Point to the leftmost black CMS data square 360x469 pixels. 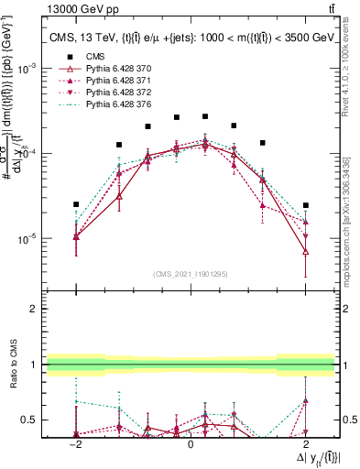[x=76, y=204]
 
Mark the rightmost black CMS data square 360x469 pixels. [x=306, y=205]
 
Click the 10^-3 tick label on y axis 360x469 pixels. [x=29, y=69]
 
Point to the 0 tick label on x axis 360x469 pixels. [x=191, y=444]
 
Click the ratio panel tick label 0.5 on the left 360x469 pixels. [x=30, y=420]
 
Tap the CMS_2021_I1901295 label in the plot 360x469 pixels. [x=191, y=273]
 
